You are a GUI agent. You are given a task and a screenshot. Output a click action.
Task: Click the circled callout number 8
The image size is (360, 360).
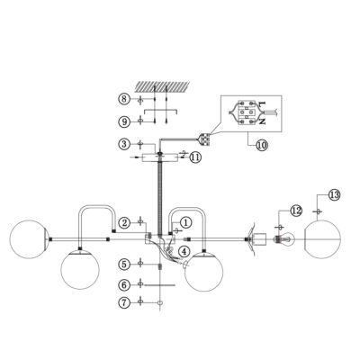(x=124, y=99)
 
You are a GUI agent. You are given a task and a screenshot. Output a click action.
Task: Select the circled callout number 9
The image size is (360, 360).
(x=124, y=121)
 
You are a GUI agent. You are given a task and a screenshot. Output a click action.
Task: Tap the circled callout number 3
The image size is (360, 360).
(x=124, y=144)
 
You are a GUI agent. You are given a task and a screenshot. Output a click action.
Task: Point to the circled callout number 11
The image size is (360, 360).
(x=195, y=157)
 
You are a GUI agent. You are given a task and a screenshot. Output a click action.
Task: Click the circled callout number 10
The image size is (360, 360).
(x=262, y=146)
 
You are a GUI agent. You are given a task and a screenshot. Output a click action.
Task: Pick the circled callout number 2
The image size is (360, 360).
(x=124, y=223)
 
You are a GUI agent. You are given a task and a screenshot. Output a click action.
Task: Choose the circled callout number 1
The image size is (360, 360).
(x=185, y=223)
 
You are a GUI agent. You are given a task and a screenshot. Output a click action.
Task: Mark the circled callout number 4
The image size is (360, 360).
(x=184, y=251)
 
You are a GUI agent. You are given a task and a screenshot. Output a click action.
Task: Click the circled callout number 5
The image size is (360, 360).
(x=124, y=265)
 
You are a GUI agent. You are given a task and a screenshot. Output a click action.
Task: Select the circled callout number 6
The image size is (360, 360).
(x=124, y=284)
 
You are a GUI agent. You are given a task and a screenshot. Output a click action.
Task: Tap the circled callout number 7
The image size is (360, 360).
(x=124, y=302)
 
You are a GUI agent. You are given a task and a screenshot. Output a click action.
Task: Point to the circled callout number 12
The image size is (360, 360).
(x=296, y=211)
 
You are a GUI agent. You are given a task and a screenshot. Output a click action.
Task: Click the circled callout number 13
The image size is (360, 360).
(x=334, y=195)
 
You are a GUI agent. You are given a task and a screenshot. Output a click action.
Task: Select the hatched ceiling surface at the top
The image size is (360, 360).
(x=163, y=86)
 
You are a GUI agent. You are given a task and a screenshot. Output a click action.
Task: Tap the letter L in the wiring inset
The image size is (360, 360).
(x=263, y=104)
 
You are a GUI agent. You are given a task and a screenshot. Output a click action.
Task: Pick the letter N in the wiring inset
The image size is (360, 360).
(x=263, y=121)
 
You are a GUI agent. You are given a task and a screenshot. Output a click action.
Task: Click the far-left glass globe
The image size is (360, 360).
(x=29, y=239)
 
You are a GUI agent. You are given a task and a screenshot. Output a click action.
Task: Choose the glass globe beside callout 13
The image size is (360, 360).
(x=323, y=239)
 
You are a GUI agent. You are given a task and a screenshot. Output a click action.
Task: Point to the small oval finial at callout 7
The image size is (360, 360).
(x=160, y=303)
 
